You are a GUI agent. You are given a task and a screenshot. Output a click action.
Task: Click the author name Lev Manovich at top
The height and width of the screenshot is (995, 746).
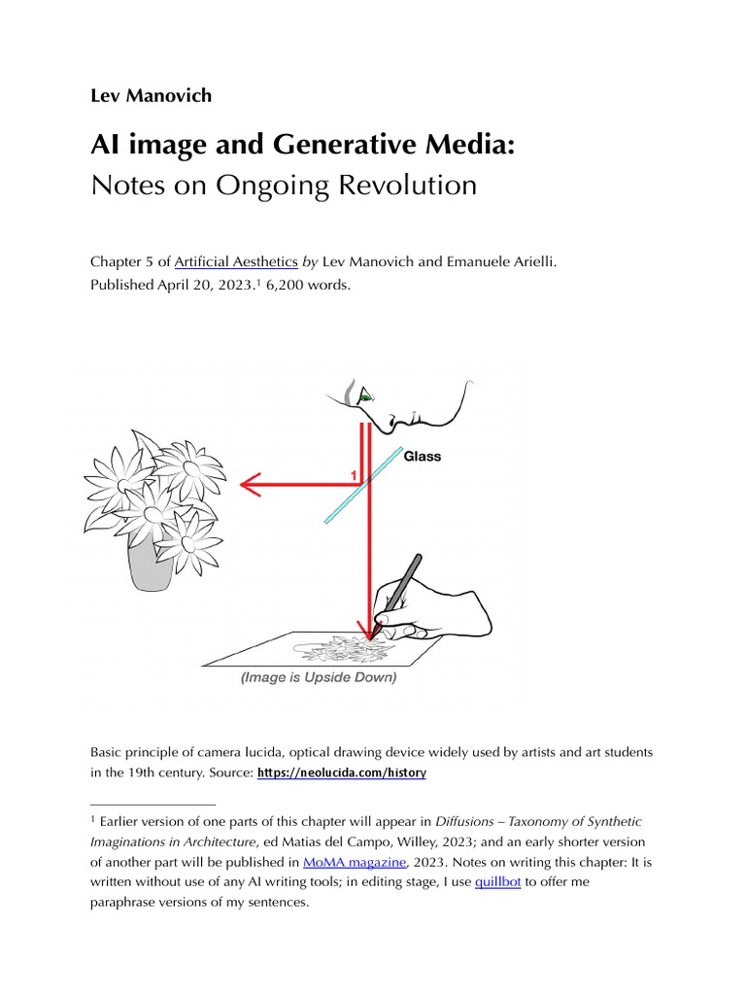click(x=150, y=95)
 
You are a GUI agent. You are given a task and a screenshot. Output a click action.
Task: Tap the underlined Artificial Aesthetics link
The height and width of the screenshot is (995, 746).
click(x=236, y=262)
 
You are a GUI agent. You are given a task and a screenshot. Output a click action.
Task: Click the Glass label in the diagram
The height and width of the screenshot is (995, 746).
click(x=422, y=456)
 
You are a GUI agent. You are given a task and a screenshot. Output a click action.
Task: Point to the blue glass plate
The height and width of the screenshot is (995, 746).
click(x=363, y=484)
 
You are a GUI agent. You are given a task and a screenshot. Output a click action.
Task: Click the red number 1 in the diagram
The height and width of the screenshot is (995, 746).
click(x=354, y=474)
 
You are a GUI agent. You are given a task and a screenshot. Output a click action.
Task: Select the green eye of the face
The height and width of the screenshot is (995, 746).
click(x=365, y=396)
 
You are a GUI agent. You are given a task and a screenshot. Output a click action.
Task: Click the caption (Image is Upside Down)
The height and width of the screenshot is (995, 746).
click(x=319, y=677)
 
